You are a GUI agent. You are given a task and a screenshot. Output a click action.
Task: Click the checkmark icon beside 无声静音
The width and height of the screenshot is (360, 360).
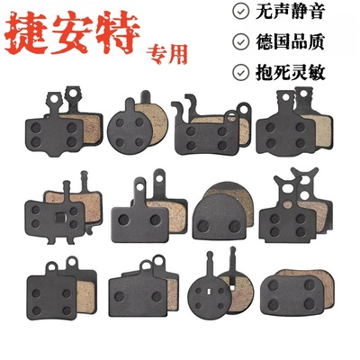(x=240, y=13)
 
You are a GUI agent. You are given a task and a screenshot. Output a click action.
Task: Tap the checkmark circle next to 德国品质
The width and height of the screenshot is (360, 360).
(x=240, y=41)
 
